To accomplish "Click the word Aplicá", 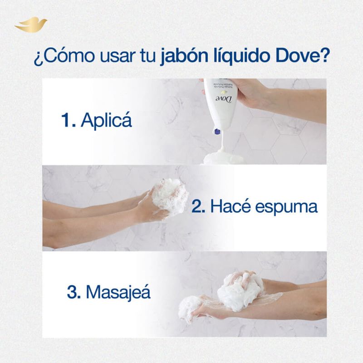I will click(106, 121).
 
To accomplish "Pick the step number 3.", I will click(74, 291).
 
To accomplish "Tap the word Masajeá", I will click(118, 292).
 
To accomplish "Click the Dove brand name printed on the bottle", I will click(221, 98).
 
